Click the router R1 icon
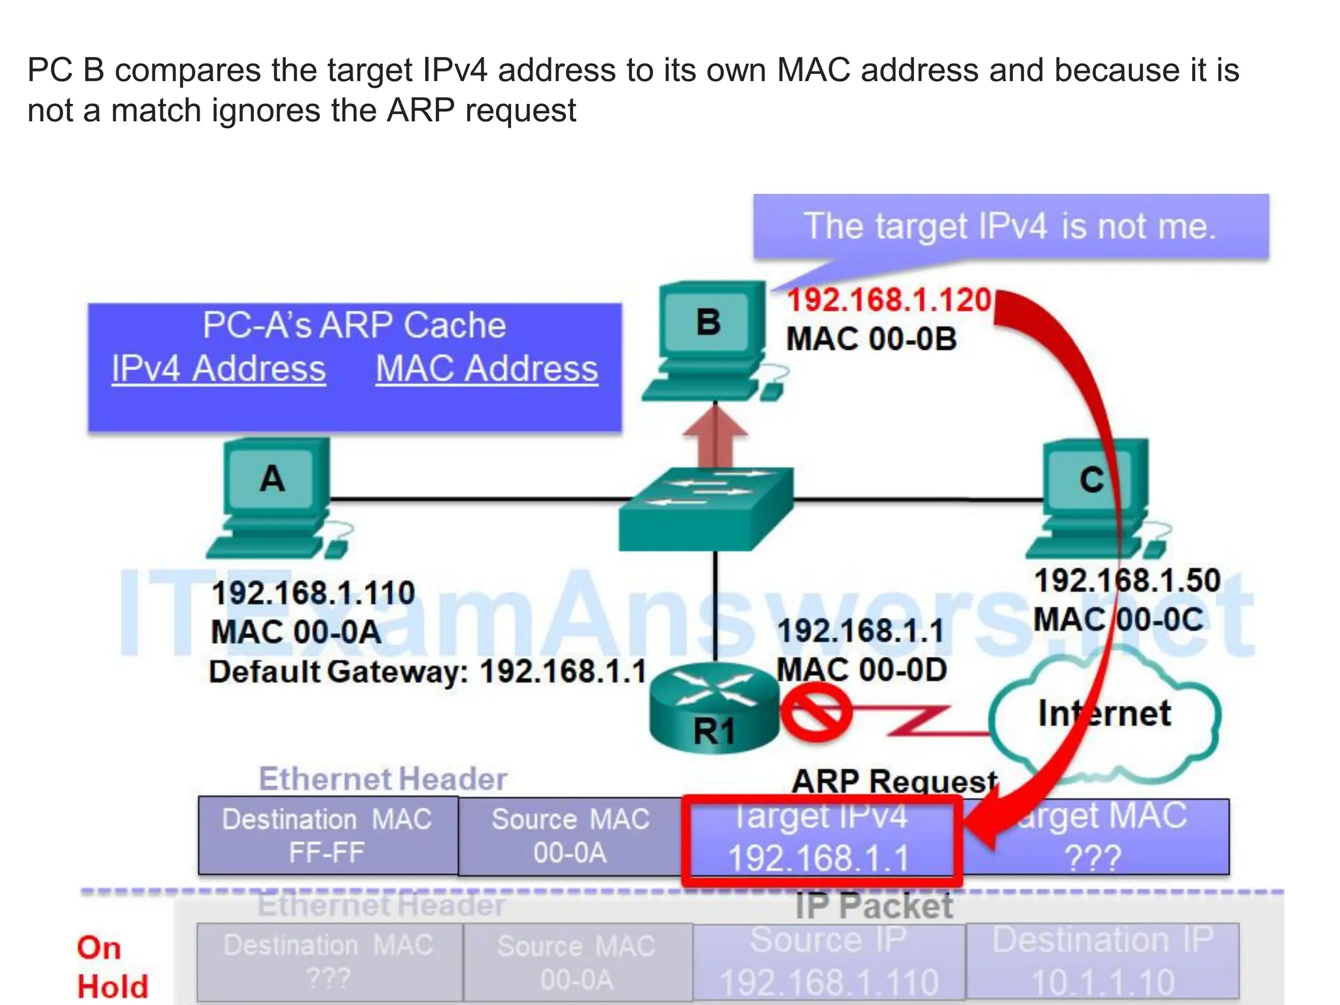[713, 710]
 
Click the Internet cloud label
[1104, 713]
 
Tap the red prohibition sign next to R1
[815, 713]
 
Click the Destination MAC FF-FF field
[327, 836]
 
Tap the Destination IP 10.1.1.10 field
[1103, 961]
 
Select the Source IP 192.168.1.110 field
[829, 961]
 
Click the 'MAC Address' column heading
[487, 368]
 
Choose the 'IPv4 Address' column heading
[219, 368]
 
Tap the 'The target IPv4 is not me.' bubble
[1010, 226]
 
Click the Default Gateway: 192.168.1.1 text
[428, 672]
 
